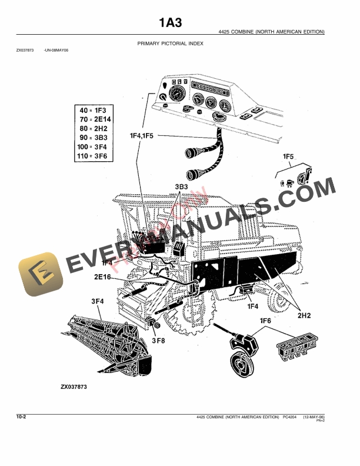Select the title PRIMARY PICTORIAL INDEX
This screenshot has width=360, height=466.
click(170, 44)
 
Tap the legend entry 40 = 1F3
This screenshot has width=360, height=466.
click(92, 110)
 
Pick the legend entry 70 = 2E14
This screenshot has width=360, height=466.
click(93, 119)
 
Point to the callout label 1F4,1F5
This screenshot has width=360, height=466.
click(142, 135)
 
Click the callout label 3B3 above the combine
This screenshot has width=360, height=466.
click(181, 187)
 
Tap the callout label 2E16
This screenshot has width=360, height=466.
click(102, 276)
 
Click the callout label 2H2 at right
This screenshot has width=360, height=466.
click(304, 315)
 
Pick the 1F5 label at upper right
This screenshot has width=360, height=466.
click(288, 157)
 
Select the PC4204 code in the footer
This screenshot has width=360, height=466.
click(291, 417)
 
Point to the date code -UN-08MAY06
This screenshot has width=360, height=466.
click(56, 51)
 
